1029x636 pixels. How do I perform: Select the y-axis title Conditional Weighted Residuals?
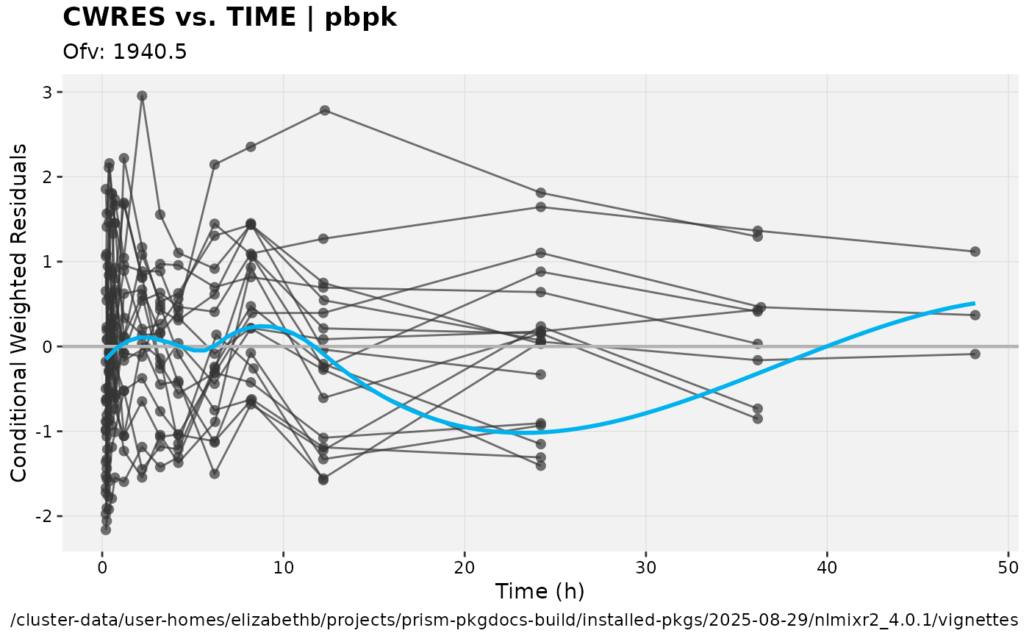[x=19, y=312]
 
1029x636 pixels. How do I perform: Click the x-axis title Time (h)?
[x=539, y=591]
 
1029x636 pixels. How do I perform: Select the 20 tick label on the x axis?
[x=464, y=568]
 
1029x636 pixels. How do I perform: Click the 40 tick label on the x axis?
[x=827, y=568]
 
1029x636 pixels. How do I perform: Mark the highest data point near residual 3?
[x=142, y=96]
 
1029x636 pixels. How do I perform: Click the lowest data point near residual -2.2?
[x=106, y=529]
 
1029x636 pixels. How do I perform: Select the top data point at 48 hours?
[x=975, y=251]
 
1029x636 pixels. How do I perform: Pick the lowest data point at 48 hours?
[x=975, y=354]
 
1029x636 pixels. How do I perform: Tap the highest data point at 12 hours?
[x=324, y=110]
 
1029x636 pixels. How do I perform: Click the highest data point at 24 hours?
[x=541, y=193]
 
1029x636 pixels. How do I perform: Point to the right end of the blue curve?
[x=974, y=303]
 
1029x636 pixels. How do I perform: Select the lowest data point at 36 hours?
[x=758, y=418]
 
